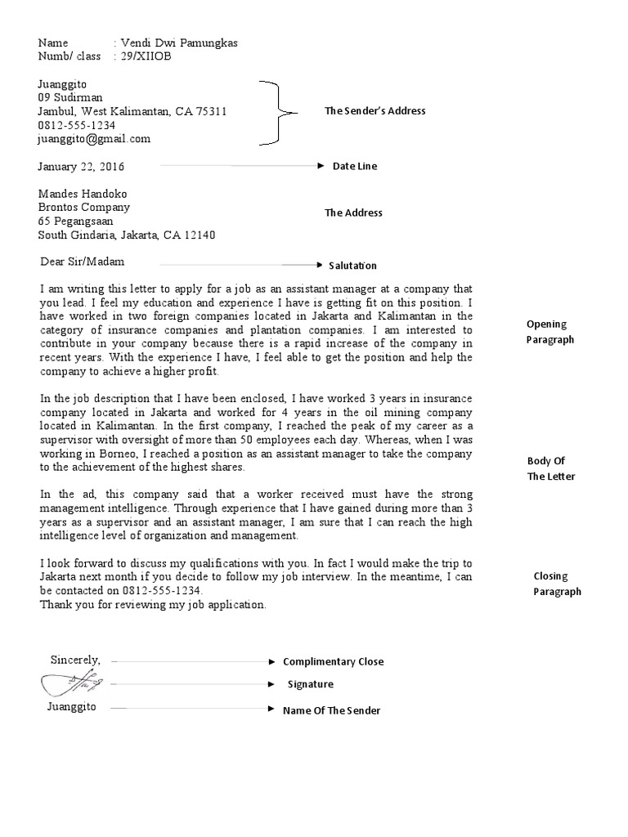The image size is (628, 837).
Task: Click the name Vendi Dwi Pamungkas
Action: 179,43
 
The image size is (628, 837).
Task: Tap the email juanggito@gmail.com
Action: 94,139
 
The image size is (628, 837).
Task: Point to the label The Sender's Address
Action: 375,111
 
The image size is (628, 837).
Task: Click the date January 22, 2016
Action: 81,167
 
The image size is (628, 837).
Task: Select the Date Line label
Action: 355,166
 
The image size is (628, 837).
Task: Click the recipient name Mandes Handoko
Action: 83,194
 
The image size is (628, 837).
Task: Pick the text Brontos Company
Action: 84,208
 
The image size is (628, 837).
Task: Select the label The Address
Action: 353,213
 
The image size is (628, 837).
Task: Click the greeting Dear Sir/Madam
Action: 83,262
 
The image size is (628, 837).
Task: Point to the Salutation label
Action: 352,266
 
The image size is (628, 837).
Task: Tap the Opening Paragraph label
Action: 550,332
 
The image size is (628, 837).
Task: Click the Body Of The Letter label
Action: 551,468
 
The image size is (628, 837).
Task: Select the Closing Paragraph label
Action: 557,584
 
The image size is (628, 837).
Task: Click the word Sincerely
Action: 76,660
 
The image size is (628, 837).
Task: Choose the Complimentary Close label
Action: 333,661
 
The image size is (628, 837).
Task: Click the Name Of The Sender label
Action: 331,710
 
